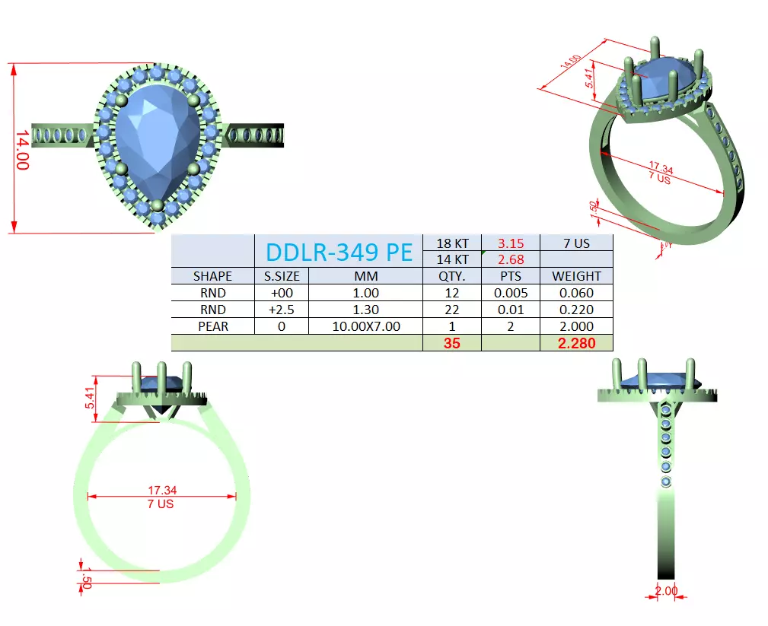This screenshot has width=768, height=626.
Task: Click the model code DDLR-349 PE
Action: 338,251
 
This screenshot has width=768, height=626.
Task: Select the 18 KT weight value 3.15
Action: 510,244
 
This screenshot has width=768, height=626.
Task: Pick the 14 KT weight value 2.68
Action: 510,259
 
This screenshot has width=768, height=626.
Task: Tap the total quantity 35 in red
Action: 451,343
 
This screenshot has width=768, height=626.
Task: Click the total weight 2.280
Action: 576,343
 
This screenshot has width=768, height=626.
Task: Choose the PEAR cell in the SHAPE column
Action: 212,326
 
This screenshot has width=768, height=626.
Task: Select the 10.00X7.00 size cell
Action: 366,326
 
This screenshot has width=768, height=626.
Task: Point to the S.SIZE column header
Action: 282,276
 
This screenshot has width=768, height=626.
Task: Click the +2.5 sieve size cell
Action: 282,310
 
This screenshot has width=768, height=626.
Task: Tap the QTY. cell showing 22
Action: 451,310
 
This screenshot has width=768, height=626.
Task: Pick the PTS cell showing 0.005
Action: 510,293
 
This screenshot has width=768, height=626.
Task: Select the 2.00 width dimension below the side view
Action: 666,591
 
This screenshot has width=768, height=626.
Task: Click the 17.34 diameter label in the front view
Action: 161,491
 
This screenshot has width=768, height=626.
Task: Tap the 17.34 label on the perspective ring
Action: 661,168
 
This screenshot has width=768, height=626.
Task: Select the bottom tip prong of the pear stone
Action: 158,205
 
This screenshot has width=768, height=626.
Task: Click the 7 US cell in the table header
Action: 576,244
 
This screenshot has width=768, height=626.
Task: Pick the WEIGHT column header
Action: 576,276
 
